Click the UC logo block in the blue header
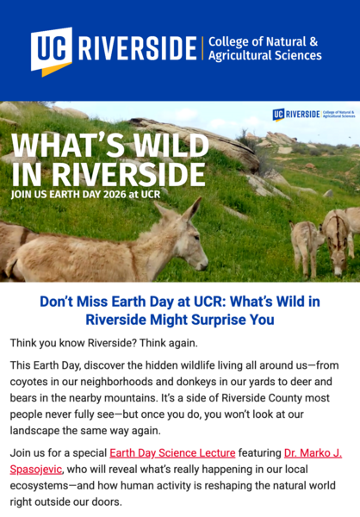tap(52, 50)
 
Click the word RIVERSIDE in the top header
tap(138, 50)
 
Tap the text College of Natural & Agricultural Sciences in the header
tap(264, 48)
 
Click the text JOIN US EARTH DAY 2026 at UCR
tap(85, 193)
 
